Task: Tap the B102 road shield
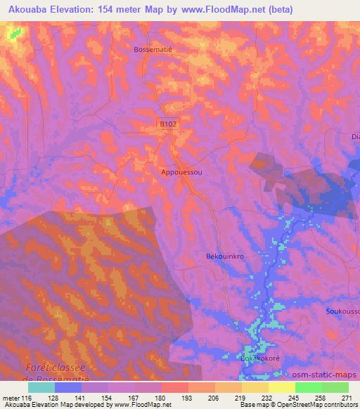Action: (167, 124)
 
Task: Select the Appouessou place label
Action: (182, 171)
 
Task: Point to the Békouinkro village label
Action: (225, 257)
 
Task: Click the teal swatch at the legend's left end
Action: (41, 387)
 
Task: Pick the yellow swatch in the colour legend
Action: (281, 387)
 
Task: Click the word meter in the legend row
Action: (12, 397)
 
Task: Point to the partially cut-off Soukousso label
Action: (342, 311)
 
